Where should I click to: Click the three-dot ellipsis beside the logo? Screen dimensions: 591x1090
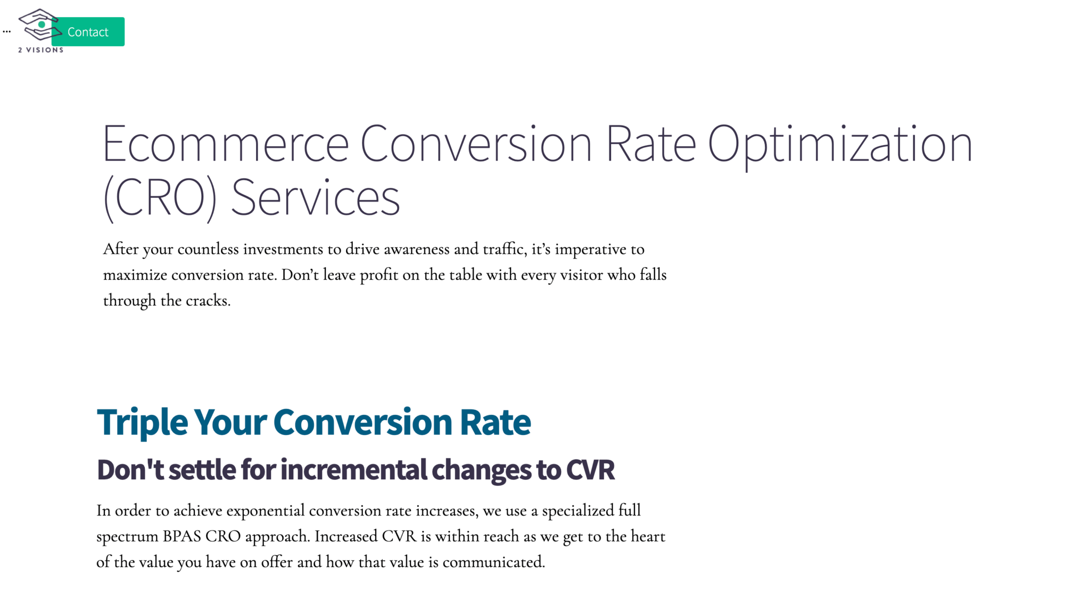pyautogui.click(x=6, y=32)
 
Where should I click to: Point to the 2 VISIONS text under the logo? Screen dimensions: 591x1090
pyautogui.click(x=41, y=50)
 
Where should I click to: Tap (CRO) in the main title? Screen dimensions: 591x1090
pyautogui.click(x=160, y=198)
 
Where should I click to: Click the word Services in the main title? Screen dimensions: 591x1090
pyautogui.click(x=315, y=198)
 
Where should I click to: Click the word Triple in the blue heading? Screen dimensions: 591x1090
pyautogui.click(x=142, y=422)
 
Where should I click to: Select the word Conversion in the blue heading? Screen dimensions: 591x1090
pyautogui.click(x=362, y=422)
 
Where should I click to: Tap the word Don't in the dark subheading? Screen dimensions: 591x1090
pyautogui.click(x=130, y=470)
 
